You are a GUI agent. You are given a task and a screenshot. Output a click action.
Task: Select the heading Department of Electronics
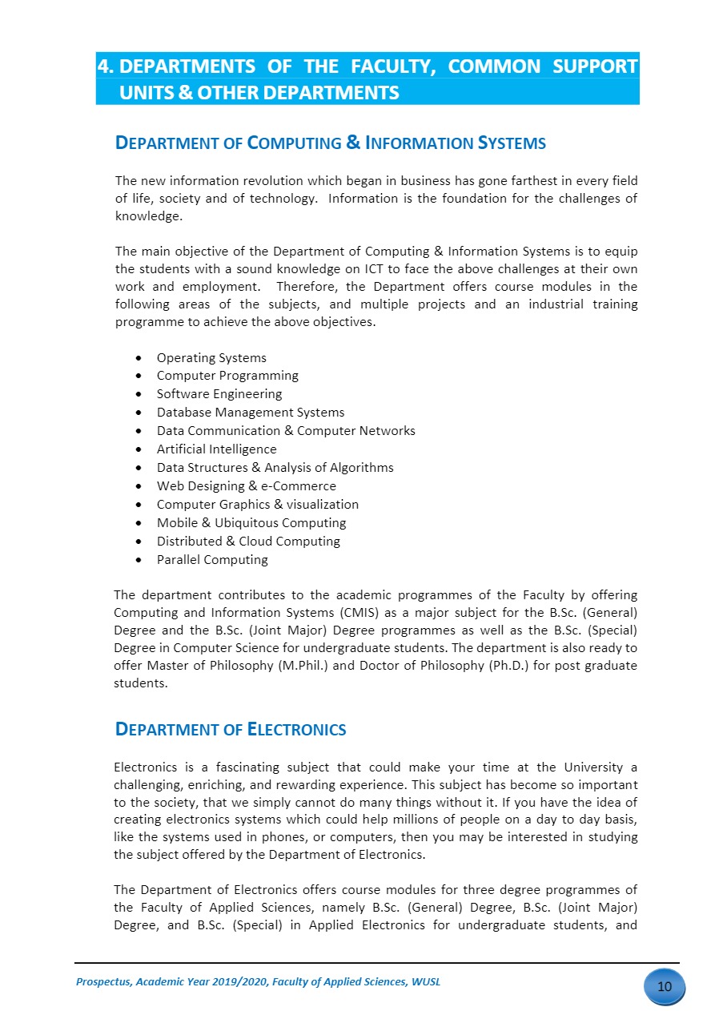click(x=231, y=730)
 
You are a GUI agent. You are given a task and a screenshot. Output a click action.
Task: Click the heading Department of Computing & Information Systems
click(x=331, y=144)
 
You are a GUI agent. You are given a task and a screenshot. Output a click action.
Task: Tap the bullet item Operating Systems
click(x=211, y=358)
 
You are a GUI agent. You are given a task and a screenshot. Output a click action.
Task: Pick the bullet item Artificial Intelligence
click(x=216, y=449)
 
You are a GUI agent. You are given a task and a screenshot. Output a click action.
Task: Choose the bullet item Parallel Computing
click(x=212, y=560)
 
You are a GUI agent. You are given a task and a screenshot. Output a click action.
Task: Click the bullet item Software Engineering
click(x=219, y=394)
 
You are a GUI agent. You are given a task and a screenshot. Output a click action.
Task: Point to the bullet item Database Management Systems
click(x=251, y=413)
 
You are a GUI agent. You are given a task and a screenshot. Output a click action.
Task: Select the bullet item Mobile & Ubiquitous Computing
click(x=251, y=523)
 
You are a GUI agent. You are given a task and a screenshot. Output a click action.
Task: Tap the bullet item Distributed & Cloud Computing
click(x=248, y=542)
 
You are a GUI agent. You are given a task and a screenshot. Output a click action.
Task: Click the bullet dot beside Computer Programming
click(x=140, y=376)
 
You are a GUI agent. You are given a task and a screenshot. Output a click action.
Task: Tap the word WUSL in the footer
click(x=426, y=982)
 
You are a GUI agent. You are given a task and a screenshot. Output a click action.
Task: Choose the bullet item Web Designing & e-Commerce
click(x=247, y=486)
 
